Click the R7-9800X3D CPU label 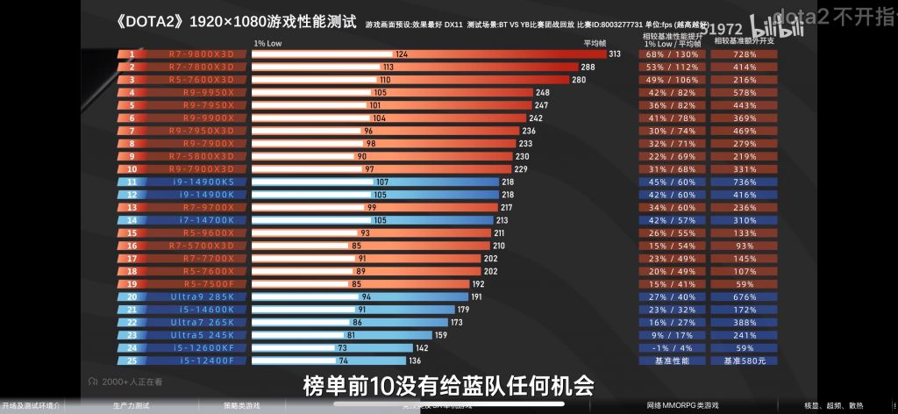point(202,54)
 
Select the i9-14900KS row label point(202,182)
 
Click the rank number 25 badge point(132,360)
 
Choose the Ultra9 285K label point(202,296)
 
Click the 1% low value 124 point(402,54)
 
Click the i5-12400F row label point(202,360)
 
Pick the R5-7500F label point(202,284)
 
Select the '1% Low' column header point(267,42)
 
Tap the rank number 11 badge point(132,182)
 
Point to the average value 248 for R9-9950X point(542,92)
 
